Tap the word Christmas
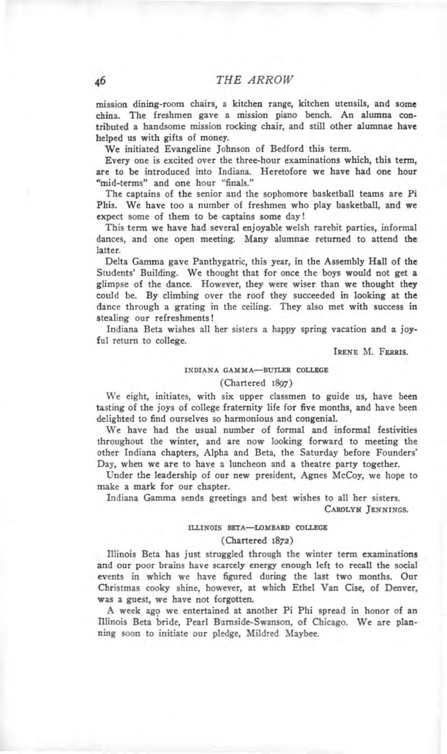(116, 588)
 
